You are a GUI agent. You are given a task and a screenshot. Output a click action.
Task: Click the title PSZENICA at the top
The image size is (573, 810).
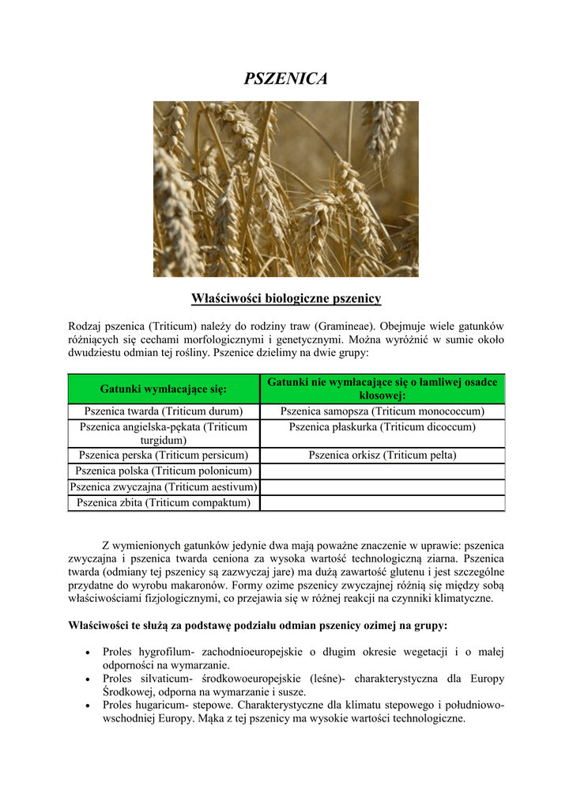[x=285, y=78]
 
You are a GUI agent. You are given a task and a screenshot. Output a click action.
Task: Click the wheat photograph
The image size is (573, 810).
[x=285, y=188]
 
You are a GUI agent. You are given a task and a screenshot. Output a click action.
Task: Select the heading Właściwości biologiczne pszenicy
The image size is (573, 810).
[x=286, y=298]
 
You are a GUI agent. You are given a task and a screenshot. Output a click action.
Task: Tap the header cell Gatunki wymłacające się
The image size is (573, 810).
[x=164, y=388]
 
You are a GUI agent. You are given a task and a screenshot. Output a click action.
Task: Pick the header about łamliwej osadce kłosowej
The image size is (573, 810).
[x=382, y=388]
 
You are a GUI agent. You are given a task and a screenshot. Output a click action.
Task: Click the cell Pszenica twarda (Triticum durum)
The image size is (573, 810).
[x=164, y=411]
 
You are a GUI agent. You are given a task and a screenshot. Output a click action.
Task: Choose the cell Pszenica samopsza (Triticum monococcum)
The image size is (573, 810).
[x=382, y=411]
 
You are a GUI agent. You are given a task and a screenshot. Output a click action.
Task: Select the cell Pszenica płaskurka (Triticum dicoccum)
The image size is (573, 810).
[x=382, y=427]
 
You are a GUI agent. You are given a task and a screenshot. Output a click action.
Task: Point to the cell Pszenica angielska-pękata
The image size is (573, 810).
[x=164, y=433]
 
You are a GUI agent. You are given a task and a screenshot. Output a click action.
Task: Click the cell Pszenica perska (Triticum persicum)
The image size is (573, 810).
[x=164, y=455]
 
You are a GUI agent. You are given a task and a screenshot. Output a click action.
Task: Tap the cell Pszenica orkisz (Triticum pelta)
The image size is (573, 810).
[x=382, y=455]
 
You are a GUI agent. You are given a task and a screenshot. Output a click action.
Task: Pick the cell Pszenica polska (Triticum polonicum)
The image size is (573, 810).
[x=164, y=471]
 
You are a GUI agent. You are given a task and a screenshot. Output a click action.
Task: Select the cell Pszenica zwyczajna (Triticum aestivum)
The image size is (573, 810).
[x=164, y=486]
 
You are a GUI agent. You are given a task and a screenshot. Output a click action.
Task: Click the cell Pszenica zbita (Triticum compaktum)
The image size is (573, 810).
[x=164, y=502]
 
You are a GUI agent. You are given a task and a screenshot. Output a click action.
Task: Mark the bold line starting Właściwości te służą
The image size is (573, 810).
[x=258, y=625]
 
